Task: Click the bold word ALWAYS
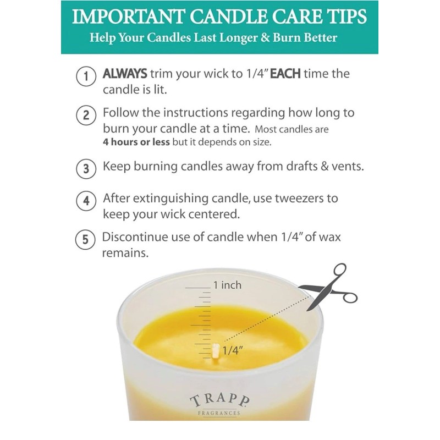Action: click(125, 73)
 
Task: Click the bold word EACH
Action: click(285, 73)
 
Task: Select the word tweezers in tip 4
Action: click(312, 197)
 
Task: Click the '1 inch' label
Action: click(227, 285)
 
